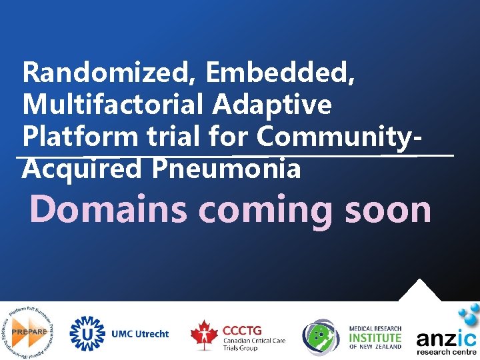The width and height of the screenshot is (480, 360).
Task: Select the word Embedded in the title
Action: (x=280, y=73)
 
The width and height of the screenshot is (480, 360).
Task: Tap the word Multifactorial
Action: (x=113, y=105)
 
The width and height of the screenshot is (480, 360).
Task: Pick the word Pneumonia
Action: (x=226, y=169)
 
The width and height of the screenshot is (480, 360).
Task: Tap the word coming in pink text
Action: (x=267, y=210)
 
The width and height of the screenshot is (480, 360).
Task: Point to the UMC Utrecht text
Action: (x=140, y=333)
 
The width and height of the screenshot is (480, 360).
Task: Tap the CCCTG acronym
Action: (x=242, y=329)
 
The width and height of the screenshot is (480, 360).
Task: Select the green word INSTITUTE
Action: (x=375, y=337)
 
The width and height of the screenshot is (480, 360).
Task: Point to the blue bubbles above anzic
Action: (x=467, y=313)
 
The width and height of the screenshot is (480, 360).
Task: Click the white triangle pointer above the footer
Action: (x=418, y=291)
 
